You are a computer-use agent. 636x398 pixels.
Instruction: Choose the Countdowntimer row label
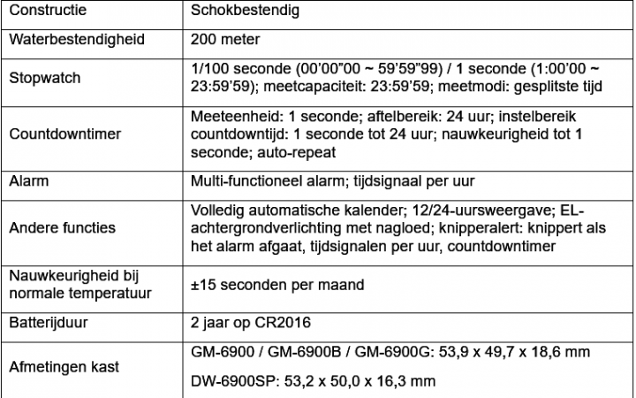(x=64, y=135)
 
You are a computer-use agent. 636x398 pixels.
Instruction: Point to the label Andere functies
(x=62, y=227)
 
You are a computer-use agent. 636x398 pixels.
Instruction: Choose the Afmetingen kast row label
(x=64, y=367)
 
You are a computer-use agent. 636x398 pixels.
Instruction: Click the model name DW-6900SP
(x=231, y=382)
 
